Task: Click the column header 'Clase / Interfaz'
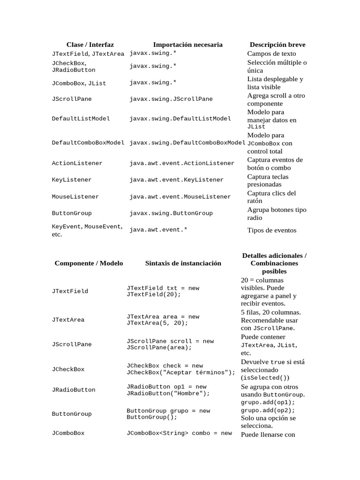(90, 45)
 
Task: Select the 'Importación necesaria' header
(187, 45)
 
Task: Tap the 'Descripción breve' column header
(277, 45)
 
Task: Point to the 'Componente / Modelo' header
(89, 263)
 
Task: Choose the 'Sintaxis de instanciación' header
(183, 263)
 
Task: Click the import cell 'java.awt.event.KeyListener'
(177, 180)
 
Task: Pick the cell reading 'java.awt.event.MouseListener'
(180, 197)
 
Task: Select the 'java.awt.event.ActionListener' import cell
(182, 163)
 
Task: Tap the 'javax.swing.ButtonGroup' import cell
(171, 213)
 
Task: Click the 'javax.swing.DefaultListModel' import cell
(180, 119)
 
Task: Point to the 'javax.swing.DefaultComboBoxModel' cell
(187, 143)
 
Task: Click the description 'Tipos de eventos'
(272, 230)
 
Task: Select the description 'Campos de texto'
(271, 53)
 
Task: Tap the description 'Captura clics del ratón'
(271, 197)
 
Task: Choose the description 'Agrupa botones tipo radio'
(277, 213)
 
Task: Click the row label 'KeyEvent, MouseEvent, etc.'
(87, 230)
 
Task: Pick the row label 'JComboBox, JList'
(79, 83)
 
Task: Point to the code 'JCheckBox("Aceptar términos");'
(181, 373)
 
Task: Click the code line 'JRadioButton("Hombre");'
(168, 393)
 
